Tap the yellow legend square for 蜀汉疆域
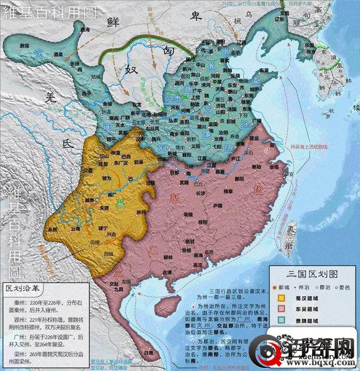click(280, 298)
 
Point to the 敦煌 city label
click(24, 44)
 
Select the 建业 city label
click(254, 138)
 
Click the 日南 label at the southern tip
click(148, 351)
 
